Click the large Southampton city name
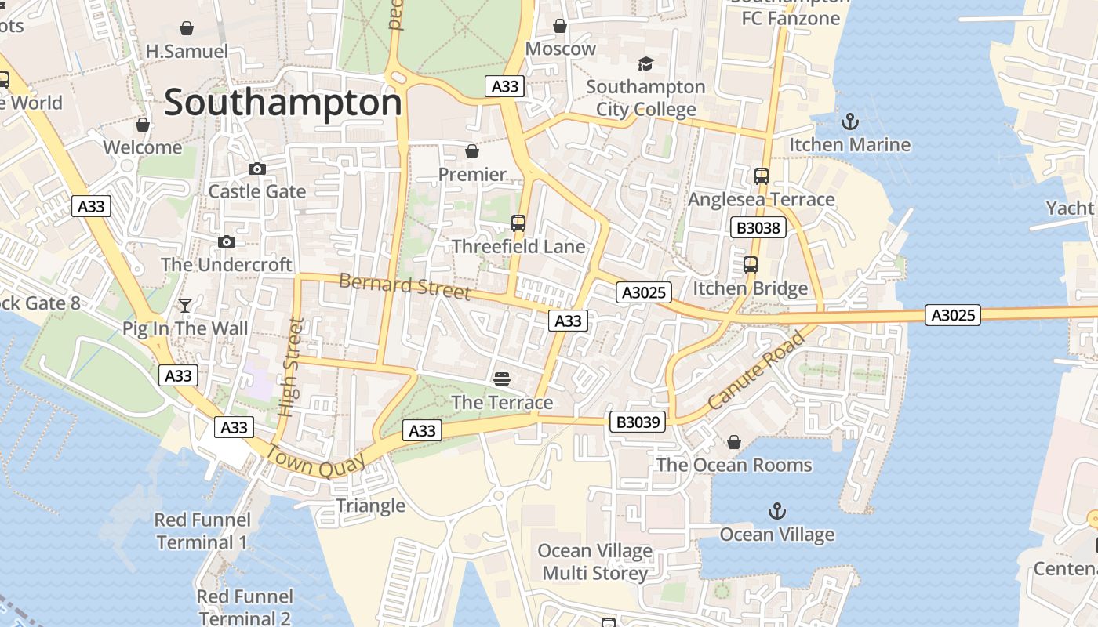coord(282,103)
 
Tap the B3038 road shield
coord(758,228)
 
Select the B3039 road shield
coord(639,422)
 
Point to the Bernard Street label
coord(405,286)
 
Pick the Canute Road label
coord(756,370)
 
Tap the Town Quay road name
coord(316,462)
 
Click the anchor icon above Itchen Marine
coord(849,121)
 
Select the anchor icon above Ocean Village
coord(776,512)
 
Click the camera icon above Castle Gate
coord(256,169)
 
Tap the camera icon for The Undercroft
coord(227,241)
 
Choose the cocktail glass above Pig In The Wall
coord(185,305)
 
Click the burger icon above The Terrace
coord(502,379)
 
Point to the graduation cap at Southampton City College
coord(645,63)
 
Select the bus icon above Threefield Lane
coord(518,223)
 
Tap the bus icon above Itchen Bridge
coord(751,265)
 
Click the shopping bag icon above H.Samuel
coord(187,28)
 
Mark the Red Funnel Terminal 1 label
coord(202,531)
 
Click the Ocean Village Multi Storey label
coord(595,562)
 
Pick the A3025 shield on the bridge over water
coord(953,315)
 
